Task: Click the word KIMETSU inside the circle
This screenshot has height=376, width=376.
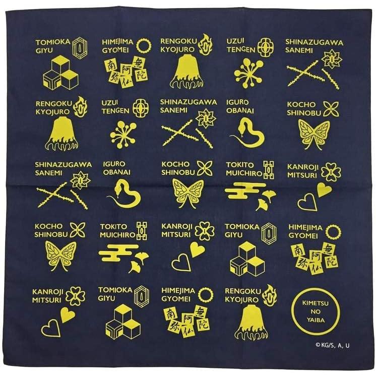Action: (x=315, y=303)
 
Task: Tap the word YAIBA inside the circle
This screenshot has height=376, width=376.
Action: (x=316, y=320)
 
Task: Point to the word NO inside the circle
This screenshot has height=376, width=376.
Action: (x=316, y=311)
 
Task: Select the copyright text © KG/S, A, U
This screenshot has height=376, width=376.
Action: (x=332, y=345)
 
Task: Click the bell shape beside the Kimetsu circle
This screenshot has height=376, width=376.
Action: (x=251, y=322)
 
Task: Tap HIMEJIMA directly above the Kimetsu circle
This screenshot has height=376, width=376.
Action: (x=305, y=227)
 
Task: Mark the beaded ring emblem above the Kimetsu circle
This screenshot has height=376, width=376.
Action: (x=334, y=232)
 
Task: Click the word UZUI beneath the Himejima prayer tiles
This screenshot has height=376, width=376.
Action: (x=109, y=103)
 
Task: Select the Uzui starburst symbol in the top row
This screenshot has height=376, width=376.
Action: (x=248, y=72)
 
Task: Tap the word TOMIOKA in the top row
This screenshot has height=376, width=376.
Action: (x=53, y=42)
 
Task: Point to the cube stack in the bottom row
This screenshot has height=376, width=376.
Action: (x=123, y=322)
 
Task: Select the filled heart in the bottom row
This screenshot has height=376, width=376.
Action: (x=68, y=315)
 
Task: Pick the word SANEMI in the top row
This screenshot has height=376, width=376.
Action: (x=299, y=50)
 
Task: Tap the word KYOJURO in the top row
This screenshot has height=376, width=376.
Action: (x=177, y=49)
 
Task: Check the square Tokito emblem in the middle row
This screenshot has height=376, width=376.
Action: (x=269, y=170)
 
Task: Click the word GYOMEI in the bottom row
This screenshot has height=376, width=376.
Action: (x=176, y=299)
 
